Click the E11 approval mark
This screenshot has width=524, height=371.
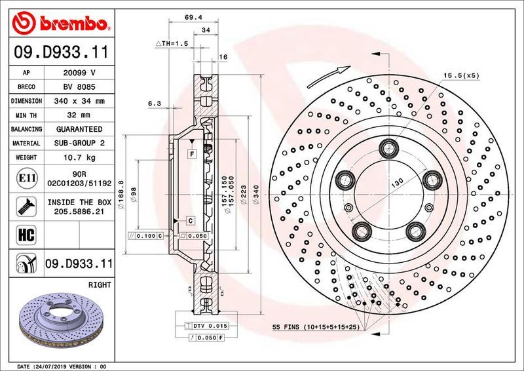click(x=22, y=177)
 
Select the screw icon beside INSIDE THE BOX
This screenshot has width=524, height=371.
click(x=22, y=205)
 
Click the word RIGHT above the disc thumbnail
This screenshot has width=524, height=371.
click(x=100, y=285)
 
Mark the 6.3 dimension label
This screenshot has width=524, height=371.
click(x=155, y=103)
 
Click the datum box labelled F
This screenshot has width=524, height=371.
click(x=192, y=153)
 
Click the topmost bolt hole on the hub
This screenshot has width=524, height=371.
click(x=386, y=146)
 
